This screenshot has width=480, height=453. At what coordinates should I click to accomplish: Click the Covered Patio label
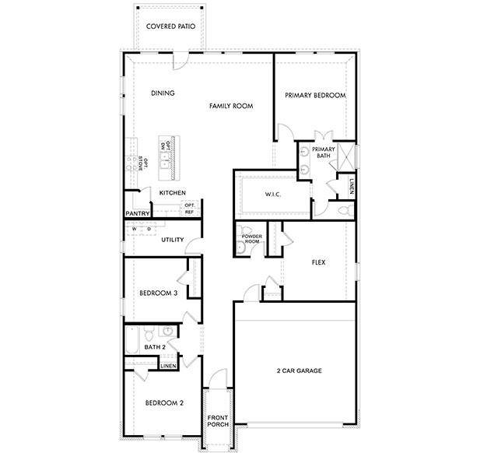(x=170, y=26)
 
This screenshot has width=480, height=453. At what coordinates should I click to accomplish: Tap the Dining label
(x=163, y=93)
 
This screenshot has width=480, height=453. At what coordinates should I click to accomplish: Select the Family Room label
(x=233, y=105)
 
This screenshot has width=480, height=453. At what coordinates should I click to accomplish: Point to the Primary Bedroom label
(x=314, y=95)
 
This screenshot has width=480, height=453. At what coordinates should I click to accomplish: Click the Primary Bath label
(x=323, y=152)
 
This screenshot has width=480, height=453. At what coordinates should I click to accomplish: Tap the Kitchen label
(x=172, y=192)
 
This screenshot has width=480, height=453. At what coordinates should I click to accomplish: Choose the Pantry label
(x=137, y=212)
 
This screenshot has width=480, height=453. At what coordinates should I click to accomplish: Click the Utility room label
(x=172, y=240)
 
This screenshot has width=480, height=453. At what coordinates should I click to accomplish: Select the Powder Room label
(x=251, y=239)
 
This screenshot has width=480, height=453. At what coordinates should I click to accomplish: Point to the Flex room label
(x=317, y=262)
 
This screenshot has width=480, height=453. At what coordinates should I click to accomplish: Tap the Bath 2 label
(x=155, y=346)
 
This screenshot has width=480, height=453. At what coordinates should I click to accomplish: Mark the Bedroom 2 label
(x=164, y=403)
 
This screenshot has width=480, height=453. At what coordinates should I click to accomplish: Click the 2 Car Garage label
(x=299, y=370)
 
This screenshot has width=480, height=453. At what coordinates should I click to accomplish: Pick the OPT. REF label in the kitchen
(x=189, y=209)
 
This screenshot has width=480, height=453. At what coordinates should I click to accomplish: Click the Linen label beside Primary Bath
(x=352, y=186)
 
